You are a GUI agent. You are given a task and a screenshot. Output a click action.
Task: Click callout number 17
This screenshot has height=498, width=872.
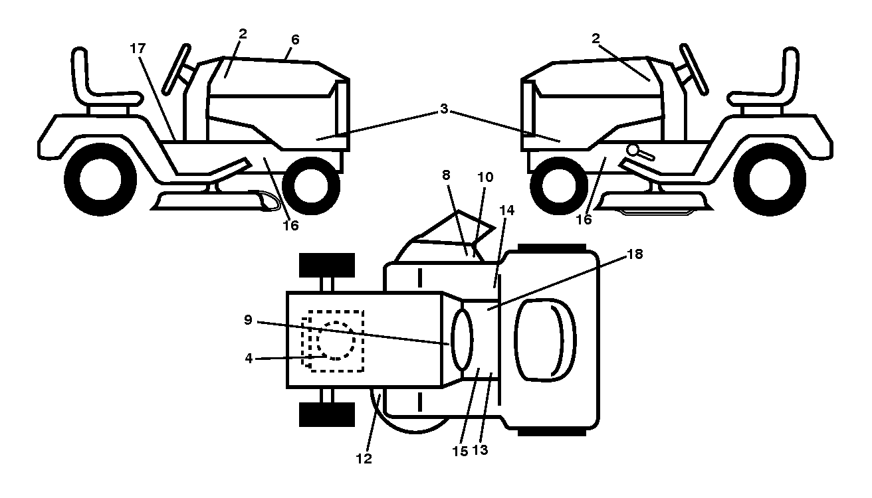(x=138, y=48)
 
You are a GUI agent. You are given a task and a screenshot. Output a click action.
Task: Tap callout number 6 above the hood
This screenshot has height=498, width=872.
(x=295, y=40)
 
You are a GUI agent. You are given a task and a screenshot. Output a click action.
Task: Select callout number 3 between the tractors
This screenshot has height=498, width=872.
(x=444, y=109)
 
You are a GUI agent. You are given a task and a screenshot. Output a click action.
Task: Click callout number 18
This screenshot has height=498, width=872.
(x=635, y=254)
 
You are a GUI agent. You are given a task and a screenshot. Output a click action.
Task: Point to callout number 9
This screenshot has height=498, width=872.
(x=248, y=320)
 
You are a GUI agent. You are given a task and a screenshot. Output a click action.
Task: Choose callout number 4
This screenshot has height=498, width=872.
(x=249, y=359)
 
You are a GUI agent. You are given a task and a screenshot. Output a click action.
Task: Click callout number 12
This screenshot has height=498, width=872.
(x=364, y=459)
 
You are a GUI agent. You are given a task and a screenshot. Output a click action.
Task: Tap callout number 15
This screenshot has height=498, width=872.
(x=460, y=452)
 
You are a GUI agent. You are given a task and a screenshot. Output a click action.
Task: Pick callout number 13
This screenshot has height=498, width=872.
(x=480, y=450)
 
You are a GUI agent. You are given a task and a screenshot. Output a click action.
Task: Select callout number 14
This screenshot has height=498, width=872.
(x=507, y=210)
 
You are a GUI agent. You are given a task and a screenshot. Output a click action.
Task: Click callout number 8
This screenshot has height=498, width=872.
(x=446, y=175)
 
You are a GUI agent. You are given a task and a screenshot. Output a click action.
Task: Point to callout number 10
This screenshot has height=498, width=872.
(x=485, y=177)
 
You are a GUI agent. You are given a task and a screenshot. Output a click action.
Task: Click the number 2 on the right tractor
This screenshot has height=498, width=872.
(x=596, y=39)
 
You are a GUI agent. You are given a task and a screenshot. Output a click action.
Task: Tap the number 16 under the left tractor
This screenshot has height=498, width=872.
(x=291, y=225)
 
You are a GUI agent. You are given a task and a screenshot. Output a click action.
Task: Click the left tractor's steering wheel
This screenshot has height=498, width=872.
(x=176, y=69)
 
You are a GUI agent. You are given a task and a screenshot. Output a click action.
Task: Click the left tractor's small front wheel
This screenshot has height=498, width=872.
(x=311, y=185)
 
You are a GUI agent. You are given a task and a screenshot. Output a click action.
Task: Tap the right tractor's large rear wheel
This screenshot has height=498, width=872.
(x=769, y=179)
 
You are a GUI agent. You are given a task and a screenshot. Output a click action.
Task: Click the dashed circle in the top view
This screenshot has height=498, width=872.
(x=336, y=341)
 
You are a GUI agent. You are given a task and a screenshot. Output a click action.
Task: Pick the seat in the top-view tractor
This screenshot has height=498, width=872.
(x=546, y=339)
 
